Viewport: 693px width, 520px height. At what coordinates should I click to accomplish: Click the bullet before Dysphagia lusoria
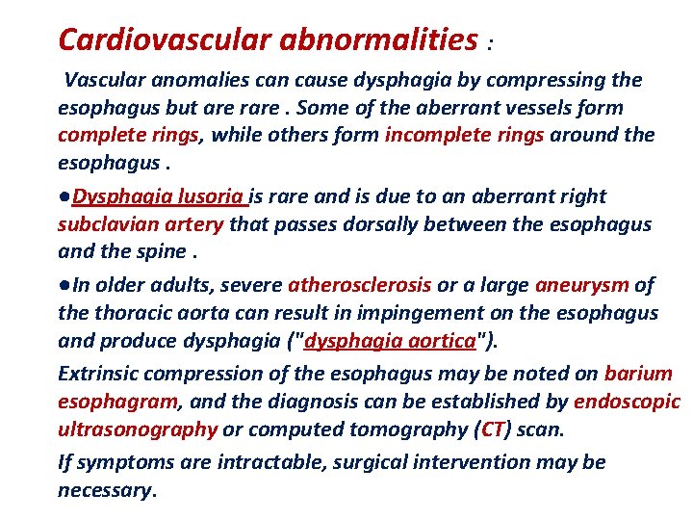tap(64, 196)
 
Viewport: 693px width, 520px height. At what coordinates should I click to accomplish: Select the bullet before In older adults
tap(64, 285)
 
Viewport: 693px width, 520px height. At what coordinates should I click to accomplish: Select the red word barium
tap(638, 373)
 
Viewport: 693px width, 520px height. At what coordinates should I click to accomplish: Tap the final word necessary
tap(105, 490)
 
